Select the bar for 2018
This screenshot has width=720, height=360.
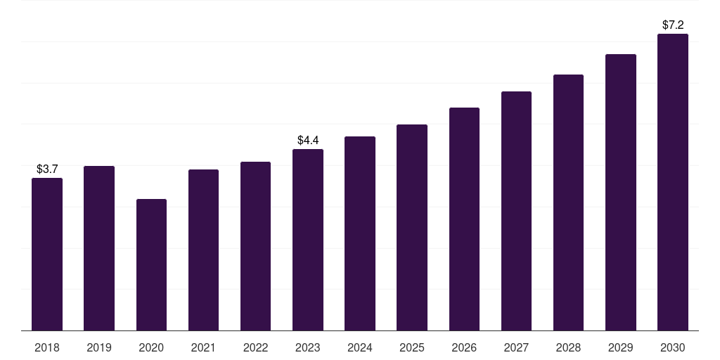[x=47, y=255]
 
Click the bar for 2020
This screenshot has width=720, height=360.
[x=152, y=265]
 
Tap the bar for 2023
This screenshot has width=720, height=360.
[x=308, y=240]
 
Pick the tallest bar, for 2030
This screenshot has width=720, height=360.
[x=673, y=182]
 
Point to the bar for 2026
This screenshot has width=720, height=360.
[x=464, y=219]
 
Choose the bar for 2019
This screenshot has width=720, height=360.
[x=99, y=248]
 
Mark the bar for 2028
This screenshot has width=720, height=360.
[x=568, y=202]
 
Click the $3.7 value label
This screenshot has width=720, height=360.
[x=47, y=169]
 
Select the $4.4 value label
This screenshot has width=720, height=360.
[x=308, y=140]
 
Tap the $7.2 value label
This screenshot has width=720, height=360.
[x=673, y=25]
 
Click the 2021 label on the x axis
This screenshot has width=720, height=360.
[x=203, y=347]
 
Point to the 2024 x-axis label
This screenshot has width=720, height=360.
[x=360, y=347]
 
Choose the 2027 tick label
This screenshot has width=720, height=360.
[x=516, y=347]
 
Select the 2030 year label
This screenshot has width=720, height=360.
[x=673, y=347]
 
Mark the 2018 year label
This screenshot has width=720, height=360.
[x=47, y=347]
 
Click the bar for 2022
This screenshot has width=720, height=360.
[x=255, y=246]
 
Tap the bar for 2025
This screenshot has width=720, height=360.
[x=412, y=227]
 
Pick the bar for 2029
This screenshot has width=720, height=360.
[x=621, y=193]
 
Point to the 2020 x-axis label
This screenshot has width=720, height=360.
[x=152, y=347]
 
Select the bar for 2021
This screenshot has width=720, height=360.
[x=203, y=250]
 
